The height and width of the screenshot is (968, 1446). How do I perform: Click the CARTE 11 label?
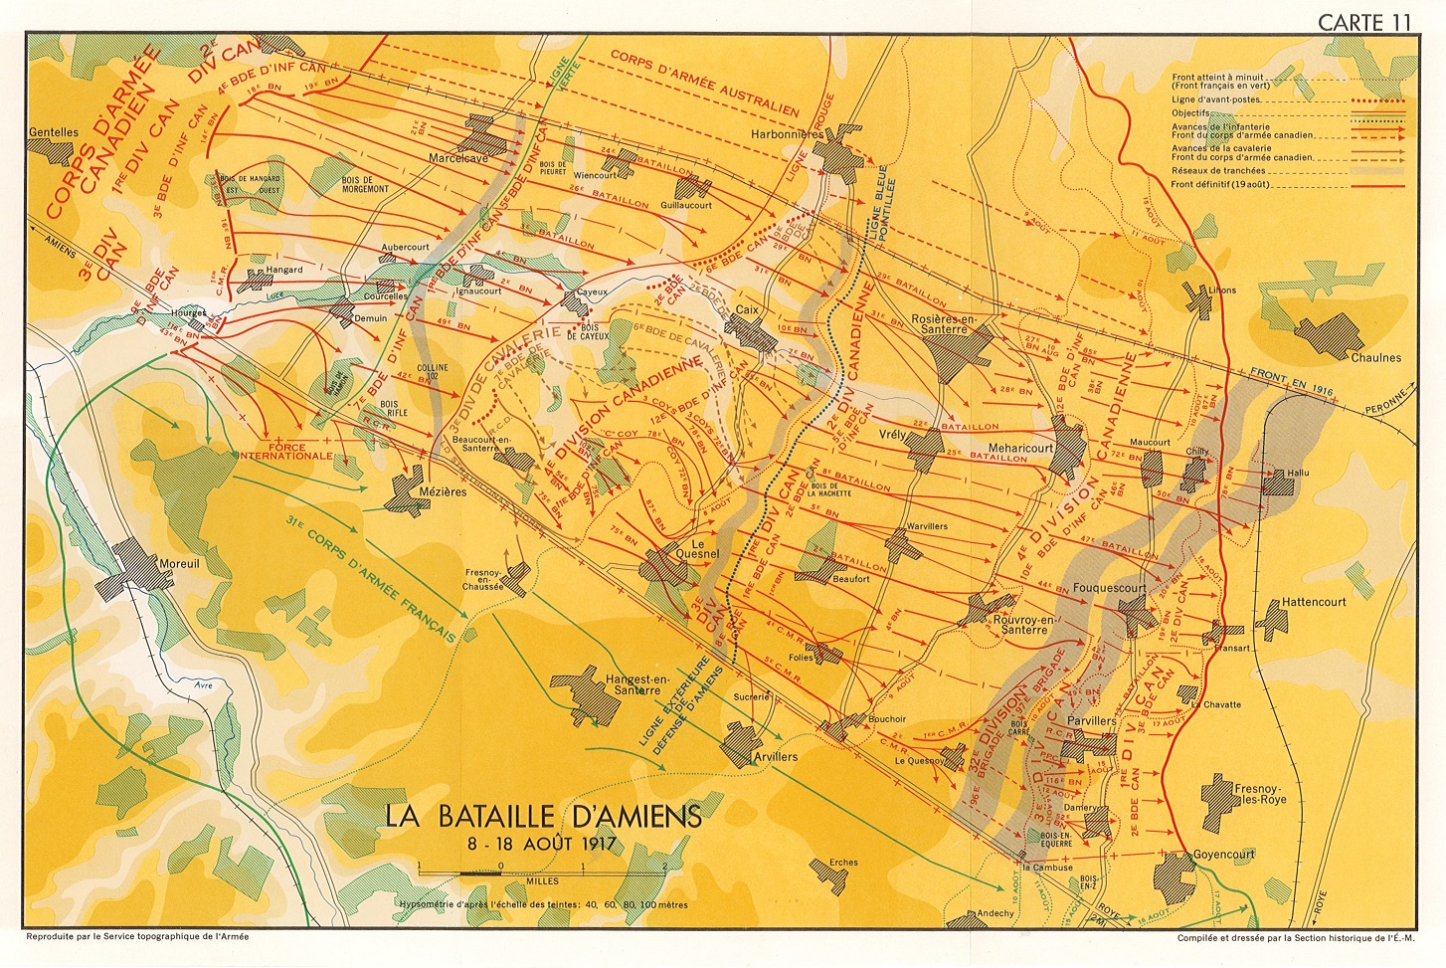[1363, 22]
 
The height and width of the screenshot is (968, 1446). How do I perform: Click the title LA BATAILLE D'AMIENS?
[543, 816]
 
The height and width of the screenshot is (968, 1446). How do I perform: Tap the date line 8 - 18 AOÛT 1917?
[543, 844]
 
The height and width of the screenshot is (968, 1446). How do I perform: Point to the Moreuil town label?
[180, 564]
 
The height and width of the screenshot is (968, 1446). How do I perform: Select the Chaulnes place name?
[1375, 357]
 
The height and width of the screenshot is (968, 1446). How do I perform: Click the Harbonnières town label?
[788, 134]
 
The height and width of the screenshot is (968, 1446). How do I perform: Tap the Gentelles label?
[54, 132]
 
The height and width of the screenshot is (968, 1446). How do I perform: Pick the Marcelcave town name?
[458, 158]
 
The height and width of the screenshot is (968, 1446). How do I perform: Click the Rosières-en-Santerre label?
[944, 324]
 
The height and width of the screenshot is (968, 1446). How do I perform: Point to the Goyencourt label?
[1224, 855]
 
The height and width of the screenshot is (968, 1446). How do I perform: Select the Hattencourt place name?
[1314, 602]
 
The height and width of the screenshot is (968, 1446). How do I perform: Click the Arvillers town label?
[775, 757]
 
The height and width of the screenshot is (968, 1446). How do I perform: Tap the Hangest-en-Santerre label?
[637, 684]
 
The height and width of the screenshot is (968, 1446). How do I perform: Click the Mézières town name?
[443, 491]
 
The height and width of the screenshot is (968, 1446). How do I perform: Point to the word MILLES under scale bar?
[542, 881]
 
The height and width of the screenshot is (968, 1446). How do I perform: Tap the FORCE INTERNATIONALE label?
[285, 452]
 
